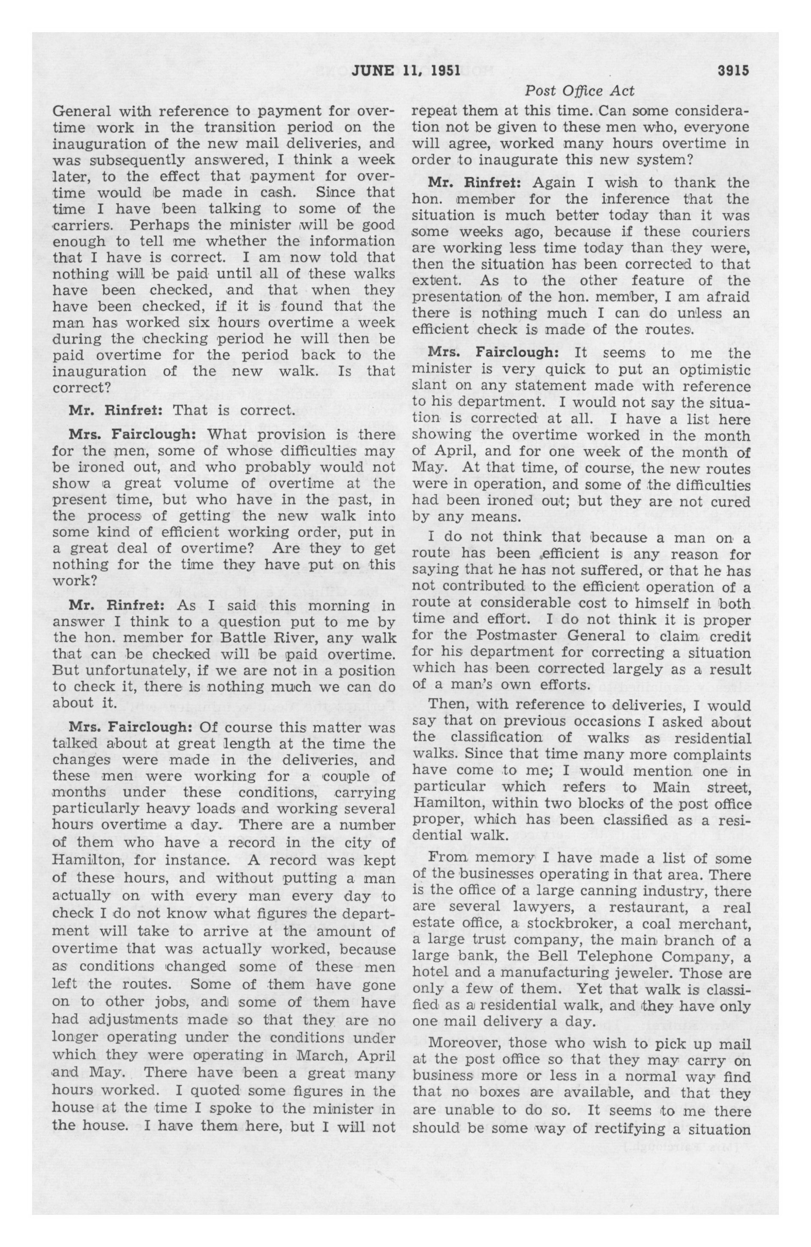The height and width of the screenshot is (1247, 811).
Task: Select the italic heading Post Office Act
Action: [580, 91]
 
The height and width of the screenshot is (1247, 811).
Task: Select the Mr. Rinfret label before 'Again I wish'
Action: [476, 183]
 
